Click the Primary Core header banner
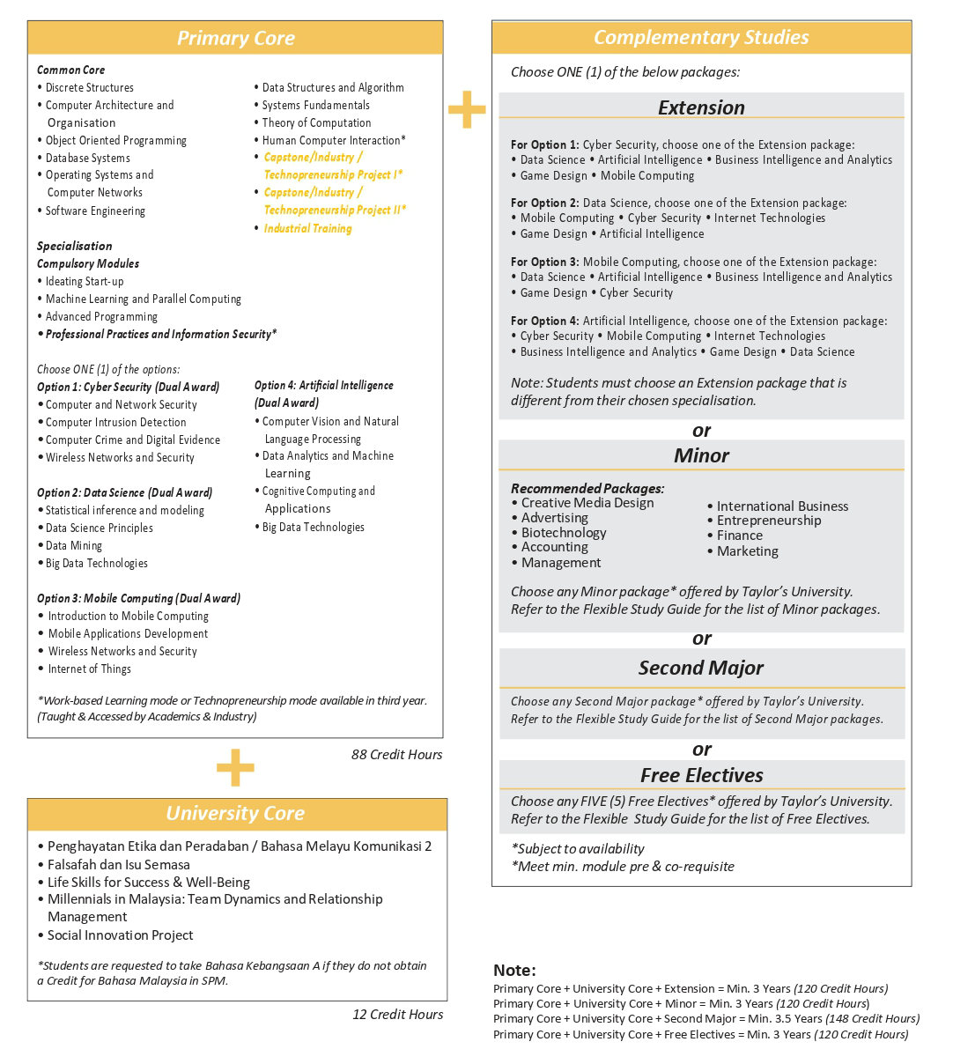tap(235, 38)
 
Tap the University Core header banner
tap(235, 814)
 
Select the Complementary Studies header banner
tap(701, 37)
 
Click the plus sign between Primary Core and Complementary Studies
tap(467, 110)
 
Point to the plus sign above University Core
tap(235, 767)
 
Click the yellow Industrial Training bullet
tap(307, 228)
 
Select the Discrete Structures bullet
tap(89, 87)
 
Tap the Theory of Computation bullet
tap(316, 122)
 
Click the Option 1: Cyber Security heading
tap(128, 387)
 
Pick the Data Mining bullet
tap(74, 545)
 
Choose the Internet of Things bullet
tap(89, 669)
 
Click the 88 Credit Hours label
tap(396, 754)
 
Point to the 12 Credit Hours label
tap(397, 1014)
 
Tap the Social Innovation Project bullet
tap(120, 935)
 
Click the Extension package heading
tap(701, 107)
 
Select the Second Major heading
tap(701, 668)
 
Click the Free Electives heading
tap(701, 775)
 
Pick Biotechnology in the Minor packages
tap(564, 532)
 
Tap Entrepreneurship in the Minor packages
tap(768, 520)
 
